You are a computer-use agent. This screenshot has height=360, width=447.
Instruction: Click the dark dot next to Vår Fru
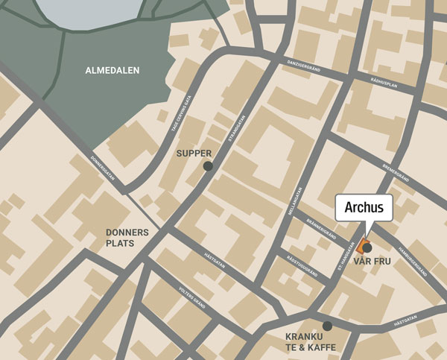click(x=367, y=247)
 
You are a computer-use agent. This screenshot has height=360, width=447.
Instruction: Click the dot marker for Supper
click(x=208, y=166)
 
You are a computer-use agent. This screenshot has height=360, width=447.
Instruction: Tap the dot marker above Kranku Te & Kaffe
click(x=327, y=326)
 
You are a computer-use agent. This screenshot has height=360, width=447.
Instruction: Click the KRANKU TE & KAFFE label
click(x=311, y=342)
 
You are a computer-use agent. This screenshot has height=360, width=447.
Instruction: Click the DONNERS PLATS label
click(x=127, y=238)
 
